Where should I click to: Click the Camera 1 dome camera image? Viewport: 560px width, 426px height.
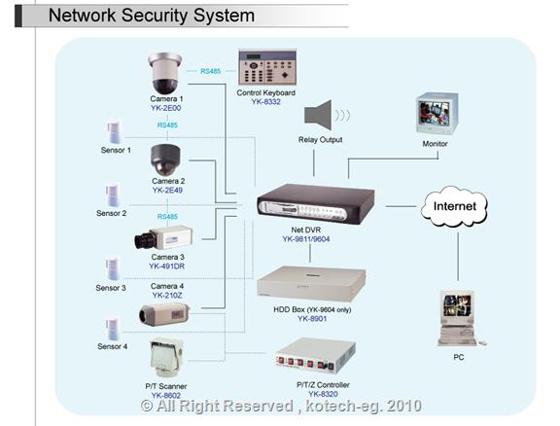164,73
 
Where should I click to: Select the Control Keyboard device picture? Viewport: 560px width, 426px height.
267,67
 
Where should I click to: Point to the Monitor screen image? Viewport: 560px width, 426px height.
437,113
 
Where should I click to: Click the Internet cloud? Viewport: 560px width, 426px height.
454,206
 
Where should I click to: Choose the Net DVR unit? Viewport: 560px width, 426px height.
316,203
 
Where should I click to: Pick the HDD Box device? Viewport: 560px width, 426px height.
311,283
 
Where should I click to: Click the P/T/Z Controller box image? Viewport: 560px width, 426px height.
315,356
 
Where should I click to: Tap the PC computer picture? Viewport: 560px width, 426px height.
460,318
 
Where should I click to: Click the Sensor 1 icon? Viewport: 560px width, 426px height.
115,132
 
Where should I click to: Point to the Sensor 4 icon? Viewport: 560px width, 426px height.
113,329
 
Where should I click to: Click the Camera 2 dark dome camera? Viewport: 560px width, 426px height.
165,160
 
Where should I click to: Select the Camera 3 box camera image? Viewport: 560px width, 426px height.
163,237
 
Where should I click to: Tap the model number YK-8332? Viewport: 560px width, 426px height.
265,102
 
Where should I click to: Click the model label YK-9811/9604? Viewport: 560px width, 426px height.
306,239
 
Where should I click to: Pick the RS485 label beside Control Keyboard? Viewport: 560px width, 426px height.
211,71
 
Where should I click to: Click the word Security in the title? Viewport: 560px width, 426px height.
154,16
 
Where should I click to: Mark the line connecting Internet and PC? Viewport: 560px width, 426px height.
458,257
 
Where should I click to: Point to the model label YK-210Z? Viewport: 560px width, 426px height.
167,296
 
